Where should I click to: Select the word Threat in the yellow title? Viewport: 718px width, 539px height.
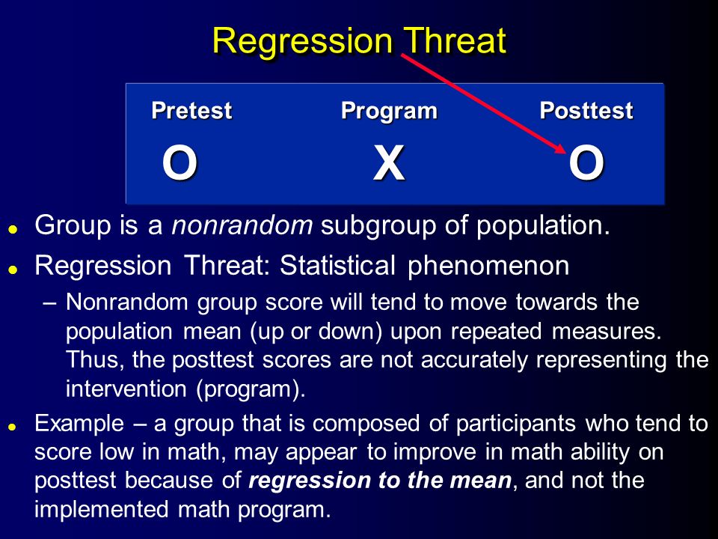pyautogui.click(x=455, y=40)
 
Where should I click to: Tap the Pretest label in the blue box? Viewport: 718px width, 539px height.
pyautogui.click(x=191, y=111)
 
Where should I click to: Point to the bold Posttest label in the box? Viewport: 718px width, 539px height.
pyautogui.click(x=586, y=111)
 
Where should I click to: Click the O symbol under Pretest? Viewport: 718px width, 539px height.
pyautogui.click(x=179, y=162)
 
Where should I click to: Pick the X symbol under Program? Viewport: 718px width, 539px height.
pyautogui.click(x=389, y=162)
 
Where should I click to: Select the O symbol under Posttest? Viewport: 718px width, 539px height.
pyautogui.click(x=586, y=162)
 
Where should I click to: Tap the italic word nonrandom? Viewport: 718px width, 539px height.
pyautogui.click(x=242, y=225)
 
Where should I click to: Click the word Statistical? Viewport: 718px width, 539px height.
pyautogui.click(x=337, y=265)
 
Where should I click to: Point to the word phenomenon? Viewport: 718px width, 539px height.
pyautogui.click(x=488, y=267)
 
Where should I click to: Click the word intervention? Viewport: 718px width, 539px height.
pyautogui.click(x=126, y=389)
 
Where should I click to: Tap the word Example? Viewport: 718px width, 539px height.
pyautogui.click(x=79, y=424)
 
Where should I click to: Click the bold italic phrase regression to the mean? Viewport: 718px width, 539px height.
pyautogui.click(x=380, y=481)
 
